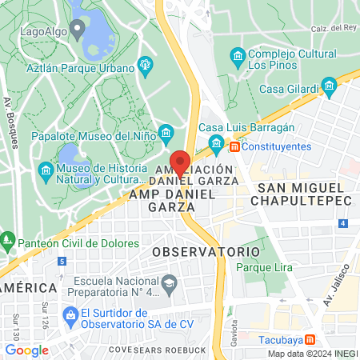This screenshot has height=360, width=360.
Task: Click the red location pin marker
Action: [x=181, y=162]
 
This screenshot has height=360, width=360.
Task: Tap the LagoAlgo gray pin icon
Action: [x=77, y=31]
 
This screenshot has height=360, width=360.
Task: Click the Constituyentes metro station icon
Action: [x=234, y=146]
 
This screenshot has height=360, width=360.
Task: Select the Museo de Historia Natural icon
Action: [x=46, y=172]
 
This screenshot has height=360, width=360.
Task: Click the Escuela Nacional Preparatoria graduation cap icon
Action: [x=170, y=283]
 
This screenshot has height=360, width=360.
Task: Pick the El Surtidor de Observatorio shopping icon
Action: [x=70, y=315]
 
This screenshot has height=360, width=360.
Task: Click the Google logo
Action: [x=26, y=350]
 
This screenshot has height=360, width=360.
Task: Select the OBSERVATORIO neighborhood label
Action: [x=206, y=251]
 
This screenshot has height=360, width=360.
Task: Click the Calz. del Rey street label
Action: [x=337, y=28]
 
